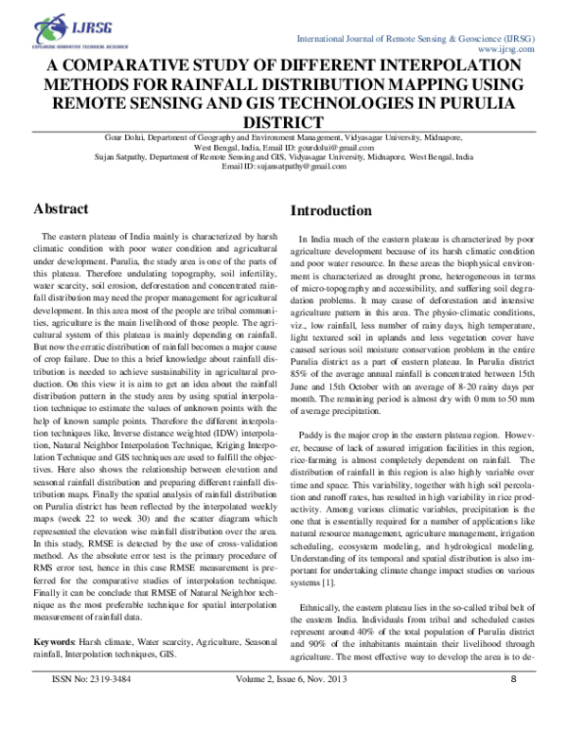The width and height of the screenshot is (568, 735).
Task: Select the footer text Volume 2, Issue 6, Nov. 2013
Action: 304,705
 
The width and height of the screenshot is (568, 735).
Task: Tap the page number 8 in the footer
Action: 513,705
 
